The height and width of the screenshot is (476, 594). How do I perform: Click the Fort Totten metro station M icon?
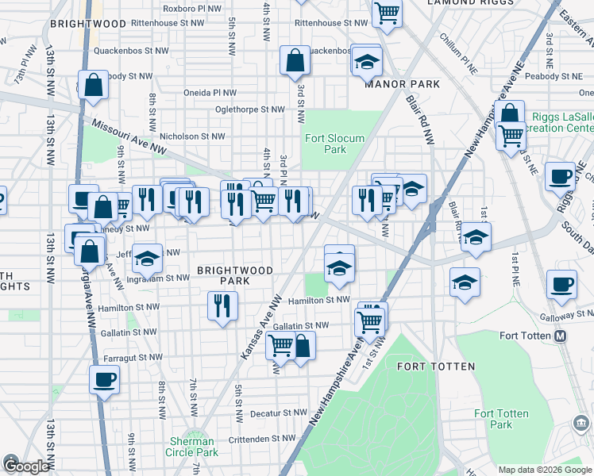(561, 336)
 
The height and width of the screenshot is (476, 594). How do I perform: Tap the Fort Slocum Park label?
(335, 144)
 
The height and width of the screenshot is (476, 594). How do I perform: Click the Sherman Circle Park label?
(193, 447)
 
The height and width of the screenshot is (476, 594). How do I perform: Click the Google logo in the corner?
(25, 466)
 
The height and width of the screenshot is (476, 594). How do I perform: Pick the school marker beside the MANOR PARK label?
(367, 61)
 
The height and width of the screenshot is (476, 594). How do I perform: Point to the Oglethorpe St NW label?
(250, 109)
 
